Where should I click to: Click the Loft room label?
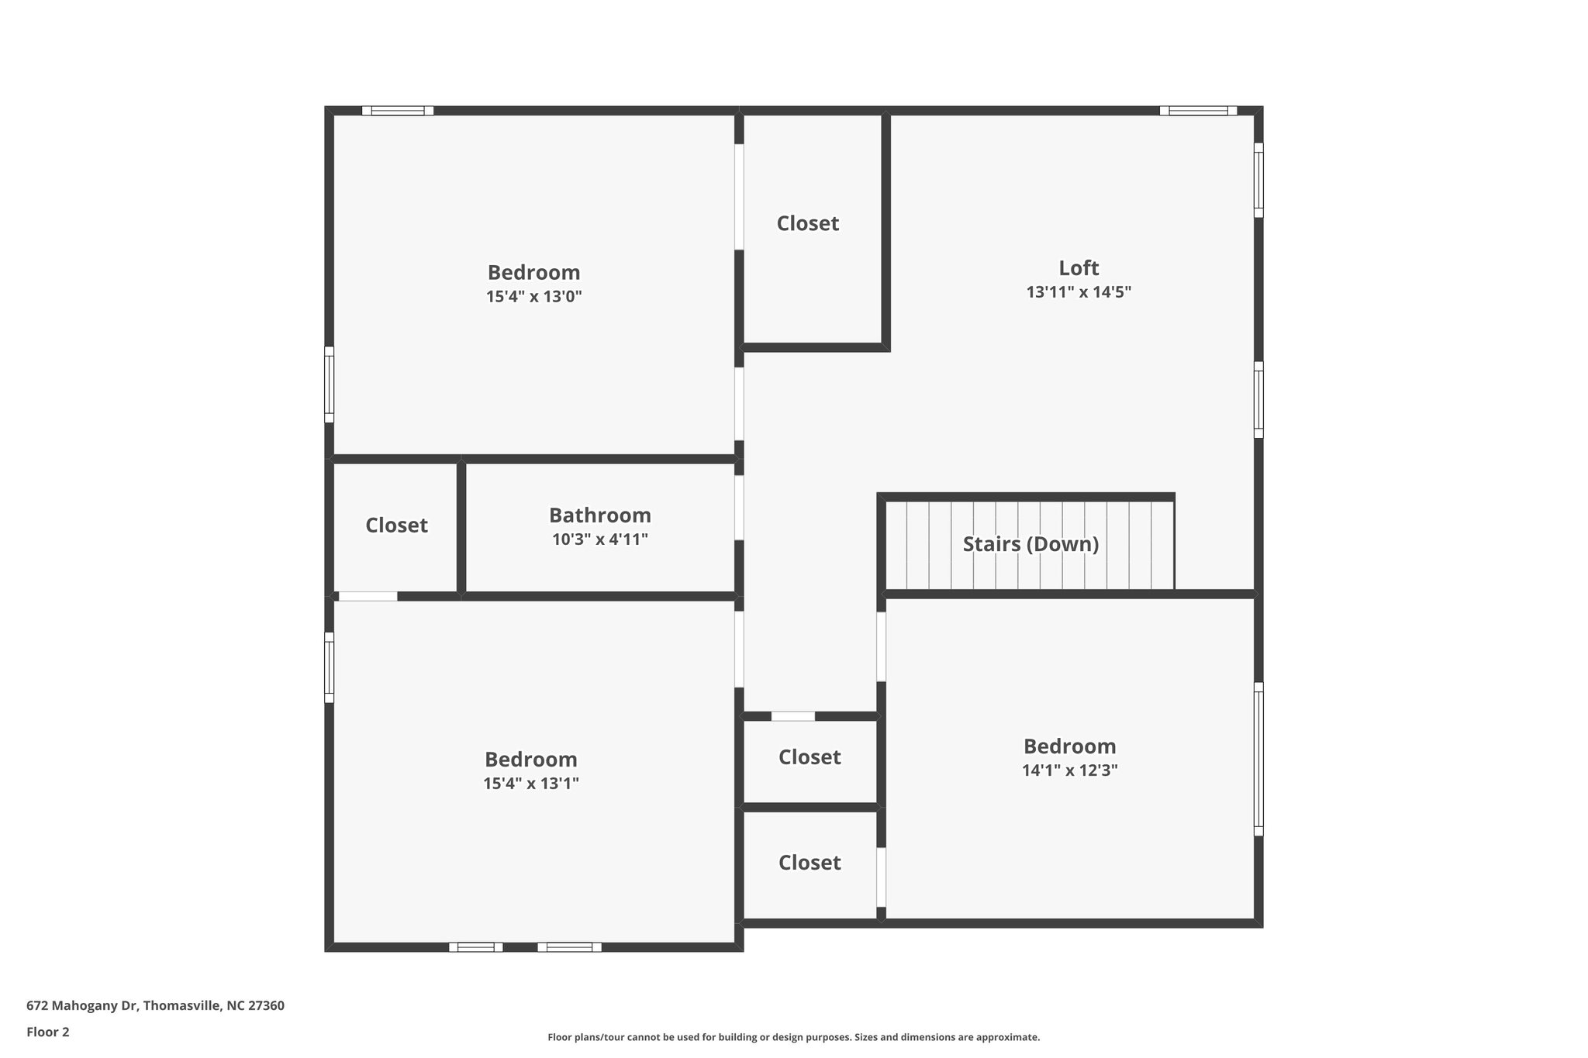click(x=1079, y=268)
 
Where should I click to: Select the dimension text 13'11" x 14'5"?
click(x=1079, y=292)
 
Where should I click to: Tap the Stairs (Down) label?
click(x=1030, y=544)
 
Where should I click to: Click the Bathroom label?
click(x=599, y=515)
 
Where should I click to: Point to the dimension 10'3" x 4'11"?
click(x=599, y=539)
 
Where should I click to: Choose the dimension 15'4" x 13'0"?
click(x=533, y=296)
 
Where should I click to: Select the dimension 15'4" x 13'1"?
click(x=530, y=784)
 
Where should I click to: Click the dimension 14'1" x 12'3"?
click(x=1069, y=770)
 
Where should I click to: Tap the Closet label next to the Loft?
click(x=807, y=223)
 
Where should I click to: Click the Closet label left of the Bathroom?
click(x=396, y=526)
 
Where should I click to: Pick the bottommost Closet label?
click(x=809, y=863)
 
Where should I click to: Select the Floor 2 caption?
click(x=48, y=1032)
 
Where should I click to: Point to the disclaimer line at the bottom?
click(x=793, y=1037)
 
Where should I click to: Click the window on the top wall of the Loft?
click(x=1197, y=111)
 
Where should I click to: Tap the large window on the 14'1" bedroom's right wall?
click(x=1258, y=759)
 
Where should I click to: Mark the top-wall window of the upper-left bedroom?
click(x=397, y=111)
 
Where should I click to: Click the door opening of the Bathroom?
click(x=739, y=508)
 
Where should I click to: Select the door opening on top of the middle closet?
click(x=792, y=716)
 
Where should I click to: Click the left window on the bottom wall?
click(x=475, y=946)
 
